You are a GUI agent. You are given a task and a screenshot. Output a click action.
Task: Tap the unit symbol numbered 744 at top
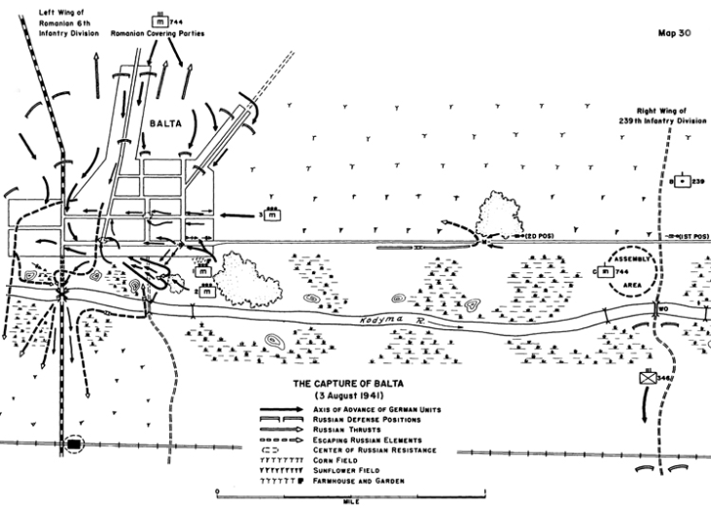tap(158, 17)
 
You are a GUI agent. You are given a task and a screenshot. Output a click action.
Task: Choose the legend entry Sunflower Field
tap(357, 470)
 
